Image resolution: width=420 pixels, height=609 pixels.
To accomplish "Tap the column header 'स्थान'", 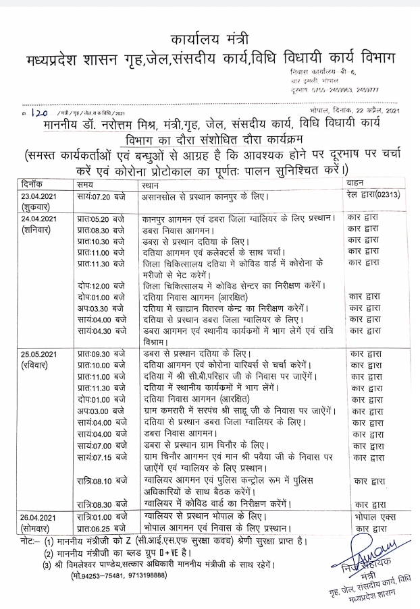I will tap(151, 184).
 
